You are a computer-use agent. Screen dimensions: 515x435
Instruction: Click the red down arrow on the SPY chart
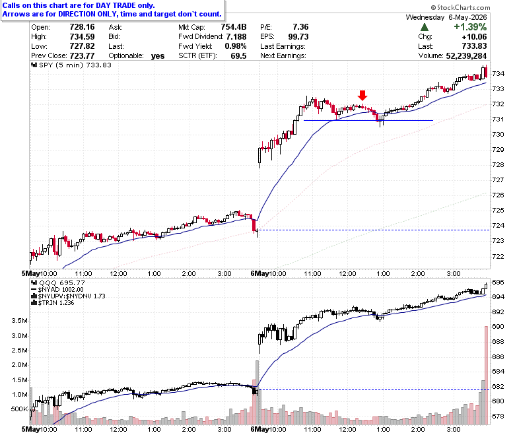(x=362, y=96)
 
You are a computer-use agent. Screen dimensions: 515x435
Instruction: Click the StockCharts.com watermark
(x=460, y=7)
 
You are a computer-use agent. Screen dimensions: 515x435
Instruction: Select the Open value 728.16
(x=82, y=27)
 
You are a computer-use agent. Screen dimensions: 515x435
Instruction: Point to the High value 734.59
(x=82, y=36)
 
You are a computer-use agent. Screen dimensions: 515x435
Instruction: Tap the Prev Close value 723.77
(x=82, y=56)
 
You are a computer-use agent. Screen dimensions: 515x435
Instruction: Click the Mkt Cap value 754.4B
(x=234, y=27)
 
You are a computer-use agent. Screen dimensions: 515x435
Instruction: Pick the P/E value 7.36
(x=300, y=27)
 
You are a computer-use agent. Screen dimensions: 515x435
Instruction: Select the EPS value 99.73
(x=298, y=36)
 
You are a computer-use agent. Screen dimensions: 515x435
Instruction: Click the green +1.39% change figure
(x=470, y=27)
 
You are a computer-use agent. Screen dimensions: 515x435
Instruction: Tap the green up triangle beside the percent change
(x=425, y=27)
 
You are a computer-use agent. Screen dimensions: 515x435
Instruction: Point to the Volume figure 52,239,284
(x=466, y=56)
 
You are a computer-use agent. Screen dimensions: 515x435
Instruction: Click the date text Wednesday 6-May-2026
(x=446, y=17)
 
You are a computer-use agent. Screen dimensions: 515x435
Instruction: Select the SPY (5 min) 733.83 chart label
(x=71, y=65)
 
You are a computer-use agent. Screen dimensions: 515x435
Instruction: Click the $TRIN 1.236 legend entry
(x=53, y=303)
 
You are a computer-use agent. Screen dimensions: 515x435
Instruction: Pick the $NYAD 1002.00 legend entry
(x=57, y=290)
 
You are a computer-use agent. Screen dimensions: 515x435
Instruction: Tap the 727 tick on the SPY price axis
(x=498, y=180)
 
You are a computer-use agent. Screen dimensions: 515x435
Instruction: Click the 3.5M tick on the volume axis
(x=19, y=321)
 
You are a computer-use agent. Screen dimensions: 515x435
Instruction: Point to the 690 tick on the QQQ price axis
(x=498, y=327)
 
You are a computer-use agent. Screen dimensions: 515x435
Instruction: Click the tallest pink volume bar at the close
(x=486, y=375)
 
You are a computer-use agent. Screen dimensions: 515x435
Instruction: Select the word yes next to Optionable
(x=158, y=56)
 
